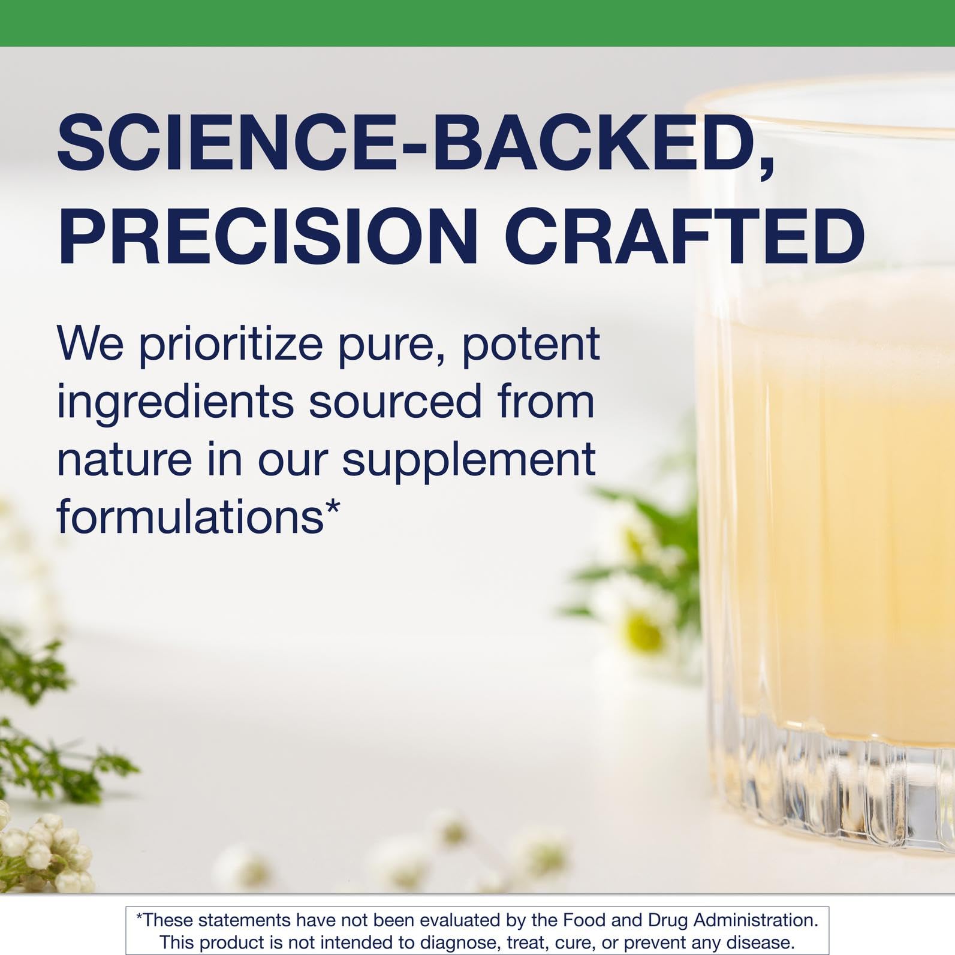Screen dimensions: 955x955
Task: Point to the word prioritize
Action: click(x=231, y=345)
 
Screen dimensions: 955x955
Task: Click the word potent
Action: click(x=531, y=344)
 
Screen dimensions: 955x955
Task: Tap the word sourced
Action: click(x=395, y=402)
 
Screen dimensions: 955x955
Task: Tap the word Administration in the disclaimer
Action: click(x=755, y=920)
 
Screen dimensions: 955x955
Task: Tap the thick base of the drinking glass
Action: click(x=839, y=779)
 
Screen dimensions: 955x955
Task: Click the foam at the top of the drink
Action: click(x=839, y=300)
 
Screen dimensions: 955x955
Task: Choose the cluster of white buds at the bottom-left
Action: click(x=42, y=845)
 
